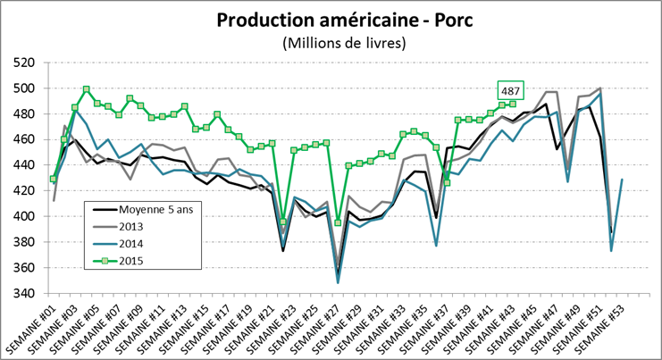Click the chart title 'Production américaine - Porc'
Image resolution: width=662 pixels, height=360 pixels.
[343, 21]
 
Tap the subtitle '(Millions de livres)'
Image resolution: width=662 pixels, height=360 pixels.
[343, 42]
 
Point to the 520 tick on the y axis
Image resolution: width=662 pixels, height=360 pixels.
[24, 63]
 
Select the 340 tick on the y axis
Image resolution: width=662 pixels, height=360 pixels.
[24, 293]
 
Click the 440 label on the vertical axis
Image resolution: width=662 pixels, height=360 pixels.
[24, 165]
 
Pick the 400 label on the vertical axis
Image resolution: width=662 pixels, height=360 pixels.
[24, 216]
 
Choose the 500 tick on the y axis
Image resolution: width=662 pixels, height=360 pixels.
[24, 88]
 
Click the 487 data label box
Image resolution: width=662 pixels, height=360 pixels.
[511, 90]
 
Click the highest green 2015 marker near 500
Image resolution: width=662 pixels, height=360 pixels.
[86, 89]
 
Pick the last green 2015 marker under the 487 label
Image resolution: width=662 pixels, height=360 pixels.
[513, 105]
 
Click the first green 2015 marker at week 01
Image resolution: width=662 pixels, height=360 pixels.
[54, 179]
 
